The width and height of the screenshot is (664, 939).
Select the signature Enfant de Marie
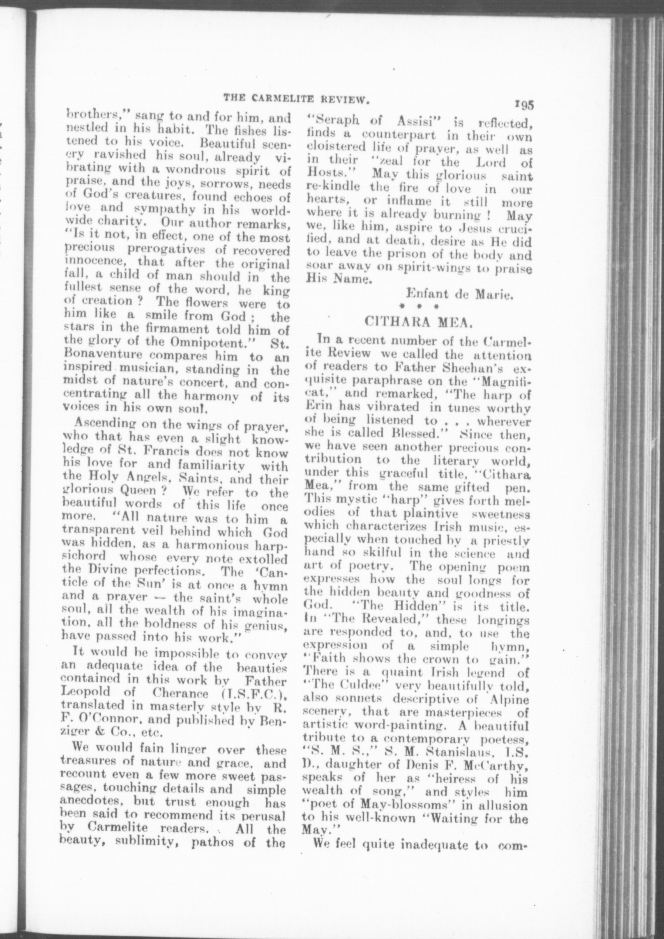(460, 293)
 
